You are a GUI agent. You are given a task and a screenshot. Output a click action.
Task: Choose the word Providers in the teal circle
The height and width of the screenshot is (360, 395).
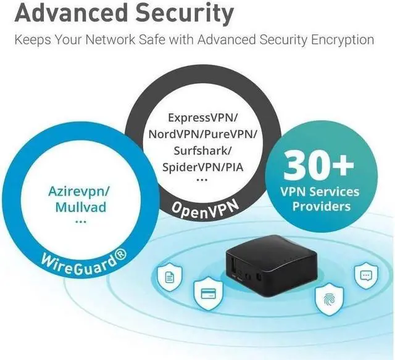click(320, 205)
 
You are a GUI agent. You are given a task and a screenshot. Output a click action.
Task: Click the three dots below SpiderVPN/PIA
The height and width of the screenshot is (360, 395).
click(202, 181)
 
